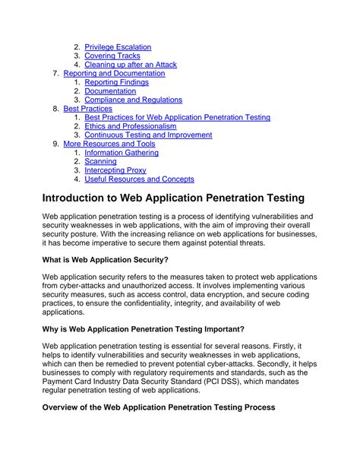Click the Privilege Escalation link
click(x=118, y=47)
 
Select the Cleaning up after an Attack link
click(x=131, y=65)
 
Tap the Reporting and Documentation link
click(x=114, y=74)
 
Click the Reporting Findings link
click(x=116, y=82)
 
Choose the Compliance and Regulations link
click(x=133, y=100)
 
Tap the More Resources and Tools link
click(x=109, y=144)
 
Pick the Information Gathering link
click(x=122, y=153)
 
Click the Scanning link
click(x=100, y=161)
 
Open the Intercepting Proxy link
click(x=115, y=170)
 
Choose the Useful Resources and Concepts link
click(x=139, y=179)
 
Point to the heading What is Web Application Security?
click(x=106, y=260)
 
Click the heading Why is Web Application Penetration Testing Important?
click(x=144, y=329)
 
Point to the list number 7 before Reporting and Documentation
click(x=55, y=74)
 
